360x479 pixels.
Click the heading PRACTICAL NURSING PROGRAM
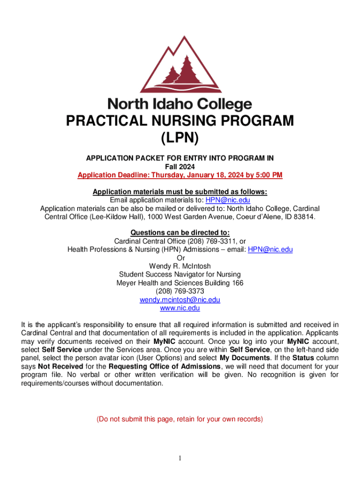(180, 121)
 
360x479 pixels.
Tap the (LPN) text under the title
(180, 138)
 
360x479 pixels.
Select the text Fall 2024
(180, 167)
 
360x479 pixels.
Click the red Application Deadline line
(180, 175)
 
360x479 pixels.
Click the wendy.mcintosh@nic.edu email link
(180, 300)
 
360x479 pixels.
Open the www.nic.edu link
(180, 308)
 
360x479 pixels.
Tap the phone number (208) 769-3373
(180, 291)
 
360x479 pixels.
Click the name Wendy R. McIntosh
(180, 266)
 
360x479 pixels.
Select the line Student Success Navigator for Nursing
(180, 275)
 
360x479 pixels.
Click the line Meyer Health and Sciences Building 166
(180, 283)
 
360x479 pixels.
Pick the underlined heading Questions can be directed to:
(180, 233)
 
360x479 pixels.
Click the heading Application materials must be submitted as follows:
(180, 192)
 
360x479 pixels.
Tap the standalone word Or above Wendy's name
(180, 258)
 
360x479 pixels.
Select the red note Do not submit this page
(180, 419)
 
